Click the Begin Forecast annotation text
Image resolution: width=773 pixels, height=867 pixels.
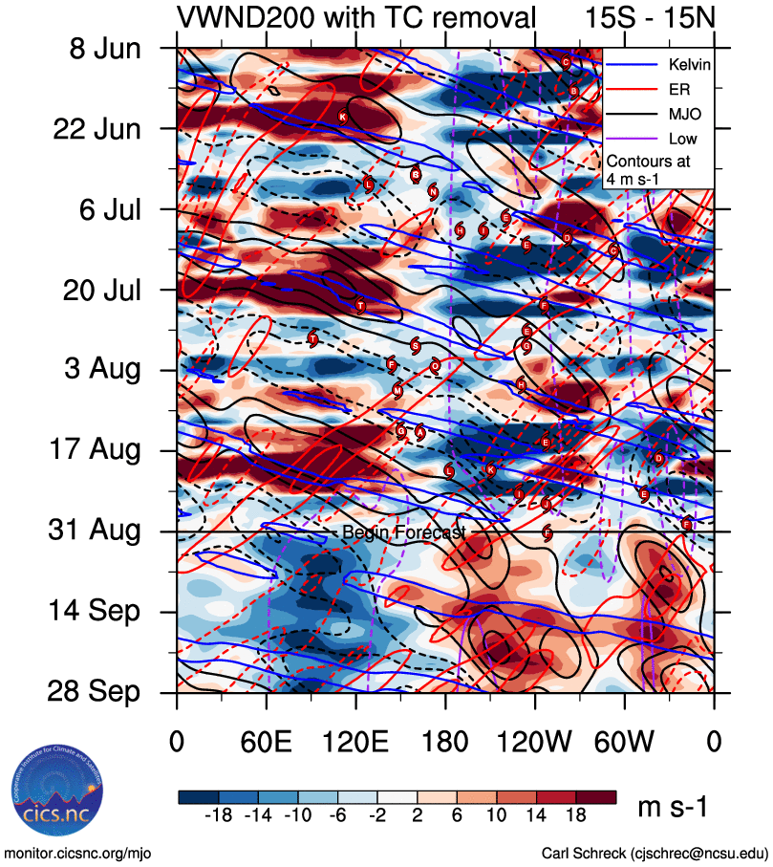pos(403,532)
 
